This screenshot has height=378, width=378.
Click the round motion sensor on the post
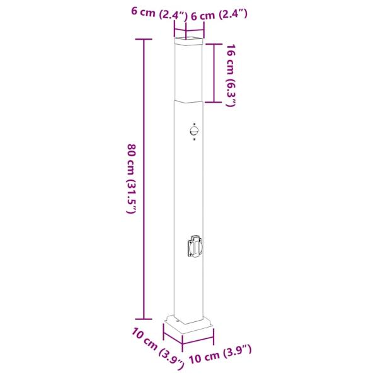(193, 131)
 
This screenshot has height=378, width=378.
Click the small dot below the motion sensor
(195, 140)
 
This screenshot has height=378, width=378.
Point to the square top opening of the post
(189, 43)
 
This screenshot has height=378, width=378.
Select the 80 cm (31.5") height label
(131, 180)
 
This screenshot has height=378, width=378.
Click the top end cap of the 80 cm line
(144, 39)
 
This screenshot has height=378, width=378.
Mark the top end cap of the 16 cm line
(214, 43)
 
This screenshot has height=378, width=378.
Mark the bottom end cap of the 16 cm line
(214, 102)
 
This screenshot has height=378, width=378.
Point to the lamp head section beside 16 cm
(189, 72)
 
